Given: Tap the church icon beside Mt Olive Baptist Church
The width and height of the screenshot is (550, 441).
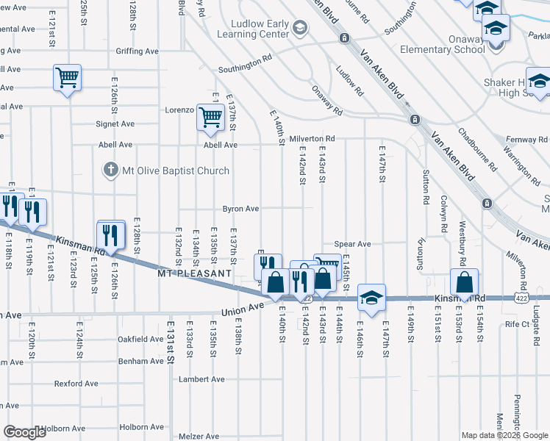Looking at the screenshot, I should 110,171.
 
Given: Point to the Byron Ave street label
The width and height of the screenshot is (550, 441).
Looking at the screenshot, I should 241,209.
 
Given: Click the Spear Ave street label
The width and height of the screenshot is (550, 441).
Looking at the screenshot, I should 352,244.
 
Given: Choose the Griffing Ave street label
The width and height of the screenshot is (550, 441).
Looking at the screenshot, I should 137,51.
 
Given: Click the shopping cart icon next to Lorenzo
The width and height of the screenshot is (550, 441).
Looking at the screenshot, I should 210,117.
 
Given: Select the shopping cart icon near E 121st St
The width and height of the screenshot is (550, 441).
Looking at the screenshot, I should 67,76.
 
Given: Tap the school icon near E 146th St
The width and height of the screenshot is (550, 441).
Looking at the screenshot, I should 372,298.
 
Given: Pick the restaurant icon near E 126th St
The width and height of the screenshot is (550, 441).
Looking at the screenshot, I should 111,235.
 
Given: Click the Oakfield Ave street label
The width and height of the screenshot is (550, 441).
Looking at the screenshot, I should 140,340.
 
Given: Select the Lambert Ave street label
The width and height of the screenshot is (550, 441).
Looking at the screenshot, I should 202,379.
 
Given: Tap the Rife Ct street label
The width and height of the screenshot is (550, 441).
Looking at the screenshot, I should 517,323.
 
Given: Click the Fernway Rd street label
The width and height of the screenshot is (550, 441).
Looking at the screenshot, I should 528,139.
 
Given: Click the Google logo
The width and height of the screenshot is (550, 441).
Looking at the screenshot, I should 25,432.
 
